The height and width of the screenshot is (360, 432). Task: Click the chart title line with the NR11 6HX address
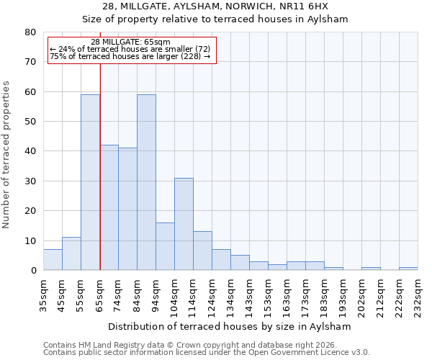[x=215, y=6]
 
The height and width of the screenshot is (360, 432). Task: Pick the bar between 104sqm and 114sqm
[x=184, y=224]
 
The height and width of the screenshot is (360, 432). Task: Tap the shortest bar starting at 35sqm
[x=53, y=260]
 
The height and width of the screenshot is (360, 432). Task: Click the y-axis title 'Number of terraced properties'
[x=6, y=155]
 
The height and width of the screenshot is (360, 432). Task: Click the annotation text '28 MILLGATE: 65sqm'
[x=130, y=42]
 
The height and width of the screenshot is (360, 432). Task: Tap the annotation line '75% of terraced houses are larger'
[x=130, y=56]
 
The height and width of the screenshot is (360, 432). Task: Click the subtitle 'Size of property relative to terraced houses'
[x=215, y=19]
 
